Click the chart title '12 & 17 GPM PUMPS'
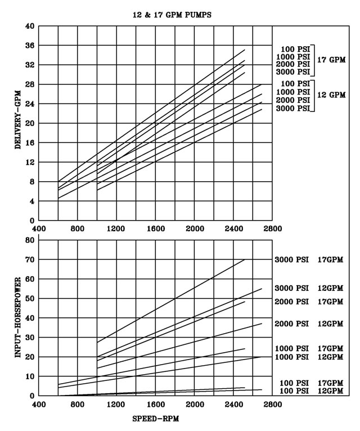click(x=168, y=15)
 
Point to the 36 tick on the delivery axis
click(x=30, y=46)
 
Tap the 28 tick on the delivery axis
click(x=30, y=84)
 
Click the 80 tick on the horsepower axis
click(x=30, y=240)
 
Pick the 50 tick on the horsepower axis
click(x=30, y=298)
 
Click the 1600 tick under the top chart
click(x=155, y=229)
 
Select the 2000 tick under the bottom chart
click(x=194, y=405)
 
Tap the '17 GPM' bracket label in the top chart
click(x=331, y=59)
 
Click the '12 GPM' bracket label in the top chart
click(x=331, y=95)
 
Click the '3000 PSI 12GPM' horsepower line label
click(x=309, y=289)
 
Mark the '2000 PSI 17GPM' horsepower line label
click(x=309, y=302)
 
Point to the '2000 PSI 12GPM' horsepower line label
click(x=309, y=324)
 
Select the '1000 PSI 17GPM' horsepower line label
click(x=309, y=348)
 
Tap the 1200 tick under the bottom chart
click(x=116, y=405)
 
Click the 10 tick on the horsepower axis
click(x=30, y=376)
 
